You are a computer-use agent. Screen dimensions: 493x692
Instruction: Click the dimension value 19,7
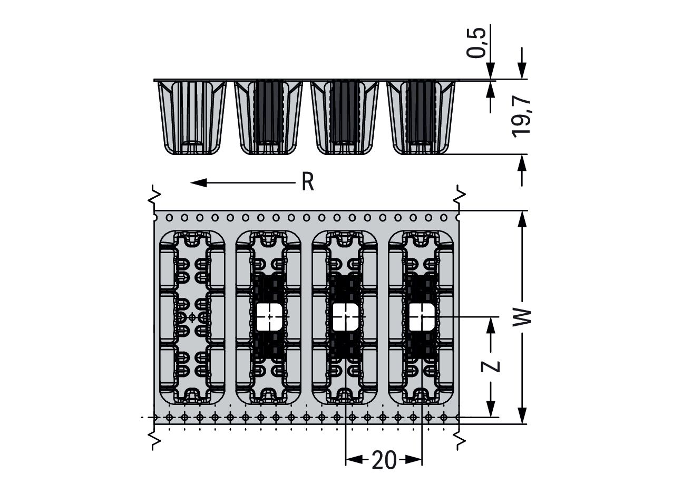point(522,117)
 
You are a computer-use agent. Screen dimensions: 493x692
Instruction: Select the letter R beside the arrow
point(308,182)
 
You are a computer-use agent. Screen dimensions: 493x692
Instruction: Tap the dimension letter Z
point(491,365)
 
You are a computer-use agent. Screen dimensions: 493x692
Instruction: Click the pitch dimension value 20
point(384,460)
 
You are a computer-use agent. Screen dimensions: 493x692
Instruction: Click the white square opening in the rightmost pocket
point(422,316)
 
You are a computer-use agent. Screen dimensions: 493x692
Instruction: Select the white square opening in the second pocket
point(269,316)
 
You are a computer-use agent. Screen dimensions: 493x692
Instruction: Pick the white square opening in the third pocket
point(346,316)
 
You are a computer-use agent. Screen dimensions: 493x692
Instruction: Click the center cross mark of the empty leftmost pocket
point(192,317)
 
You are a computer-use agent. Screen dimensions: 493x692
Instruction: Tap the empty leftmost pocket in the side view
point(192,118)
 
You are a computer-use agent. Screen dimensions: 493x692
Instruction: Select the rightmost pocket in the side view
point(421,118)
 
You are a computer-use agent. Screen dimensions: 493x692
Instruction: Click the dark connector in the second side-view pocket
point(269,112)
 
